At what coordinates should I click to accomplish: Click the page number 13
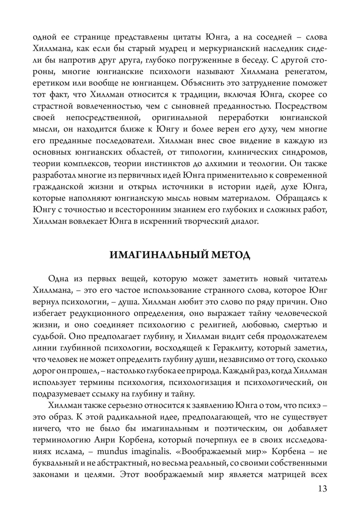click(x=323, y=489)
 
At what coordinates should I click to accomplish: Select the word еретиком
click(x=49, y=83)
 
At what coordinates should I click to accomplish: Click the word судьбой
click(x=48, y=336)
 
